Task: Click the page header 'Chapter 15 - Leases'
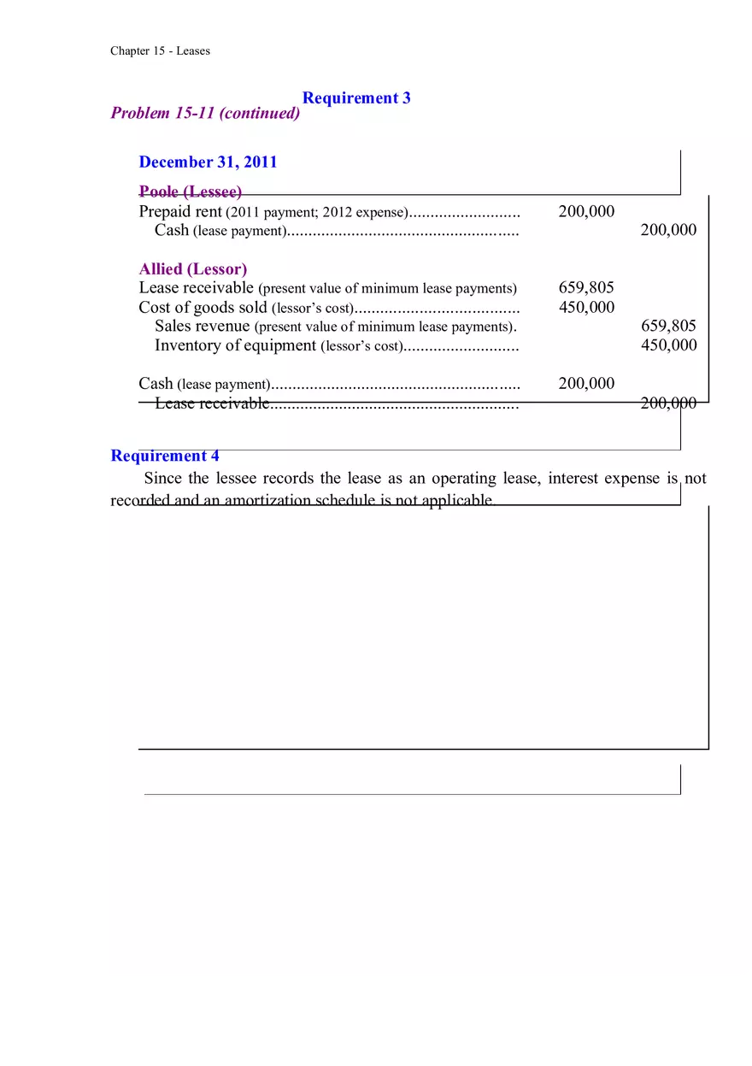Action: (160, 51)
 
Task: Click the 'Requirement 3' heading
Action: (356, 98)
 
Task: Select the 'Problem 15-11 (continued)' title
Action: (205, 114)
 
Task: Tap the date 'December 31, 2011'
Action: (208, 162)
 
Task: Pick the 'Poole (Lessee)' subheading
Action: (190, 192)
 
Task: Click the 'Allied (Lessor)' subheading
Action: (193, 269)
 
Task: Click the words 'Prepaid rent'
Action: (180, 212)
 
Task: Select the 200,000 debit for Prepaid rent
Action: (586, 212)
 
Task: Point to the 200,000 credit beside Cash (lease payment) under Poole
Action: (668, 230)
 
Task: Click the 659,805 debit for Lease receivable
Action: (586, 288)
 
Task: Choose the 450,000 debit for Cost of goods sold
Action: (586, 308)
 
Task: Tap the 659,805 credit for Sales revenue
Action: (668, 326)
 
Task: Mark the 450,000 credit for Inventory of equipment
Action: (668, 345)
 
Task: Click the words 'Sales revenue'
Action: (203, 326)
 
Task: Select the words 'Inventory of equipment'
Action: (235, 345)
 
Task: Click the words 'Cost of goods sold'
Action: (203, 308)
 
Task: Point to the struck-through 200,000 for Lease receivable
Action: (668, 403)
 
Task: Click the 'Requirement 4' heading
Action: (165, 456)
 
